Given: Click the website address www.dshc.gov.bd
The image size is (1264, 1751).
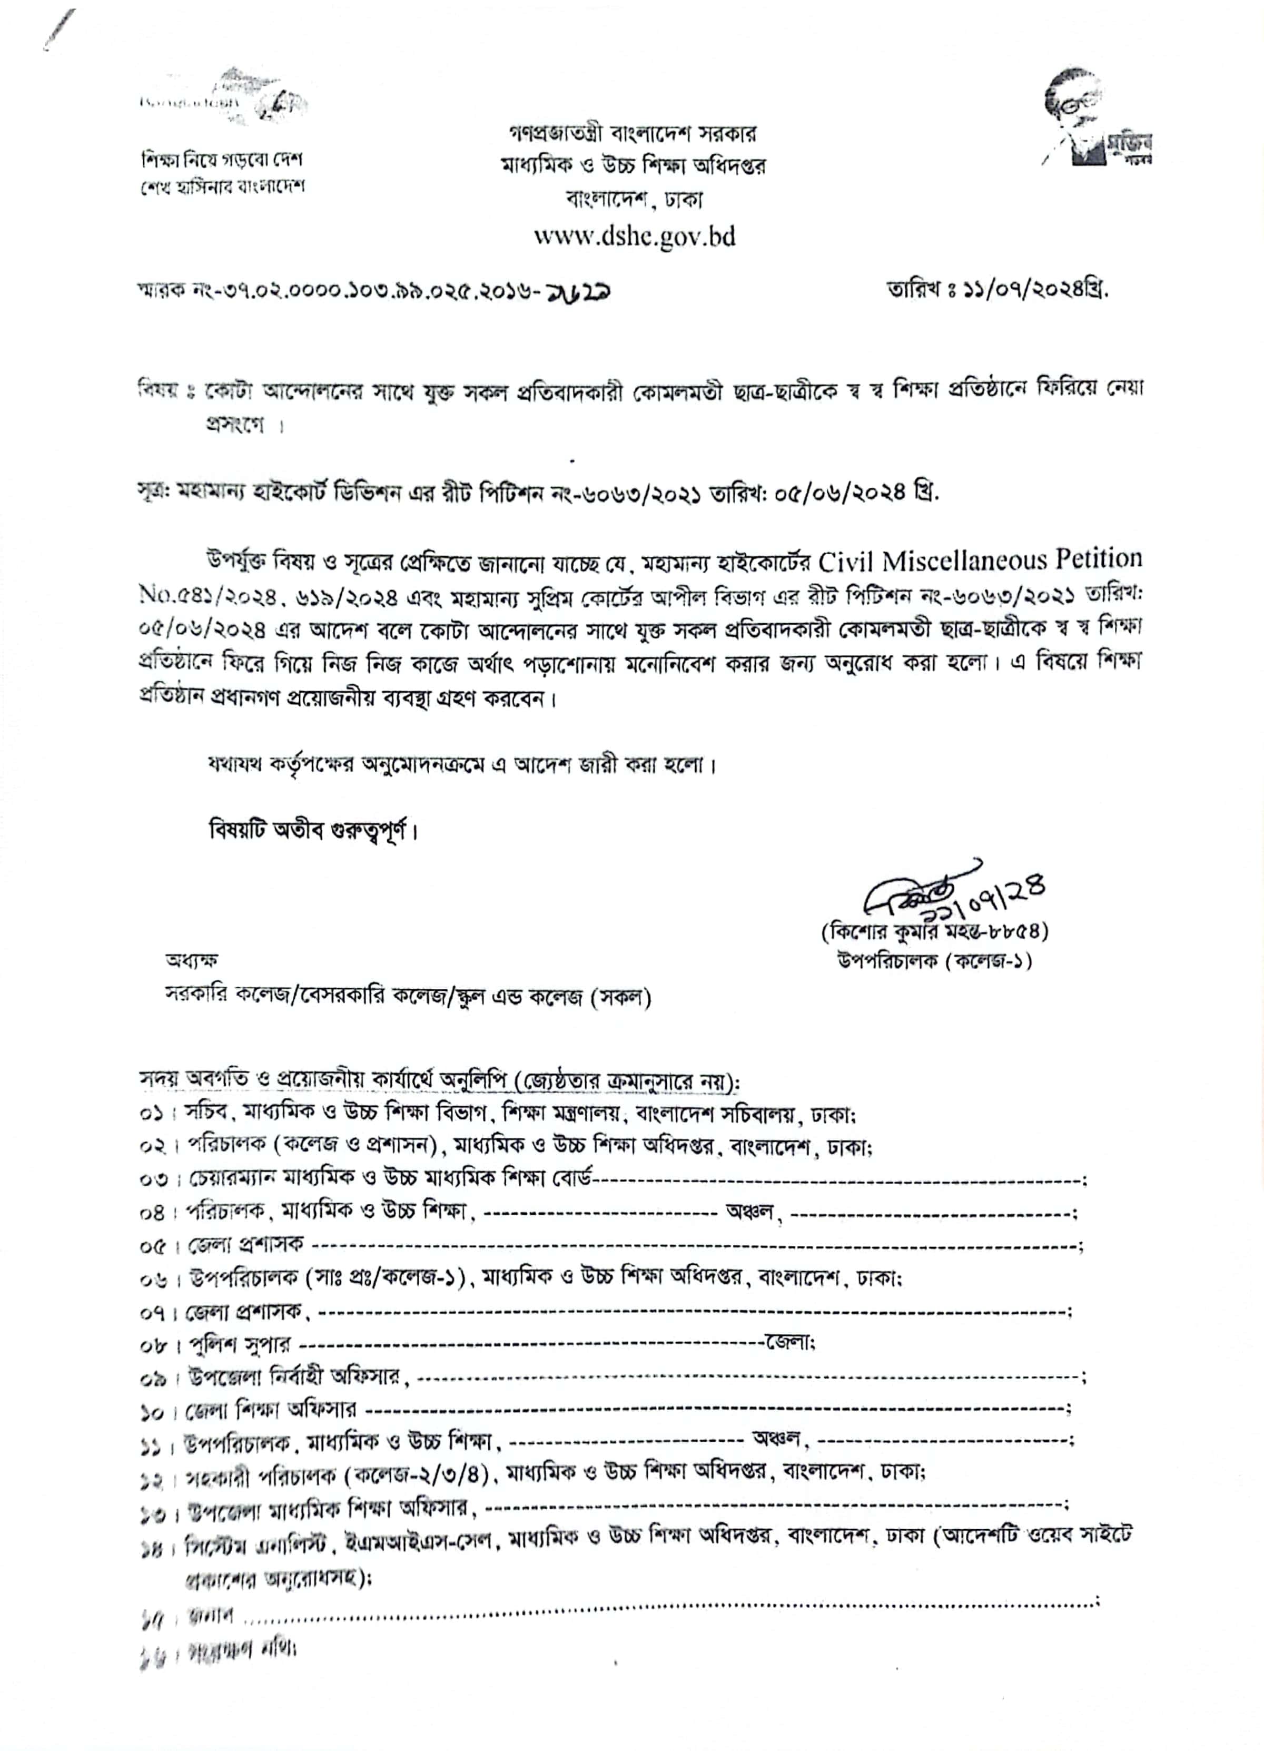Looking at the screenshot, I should pyautogui.click(x=634, y=236).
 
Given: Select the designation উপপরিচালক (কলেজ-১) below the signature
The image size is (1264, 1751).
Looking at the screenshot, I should pyautogui.click(x=934, y=960).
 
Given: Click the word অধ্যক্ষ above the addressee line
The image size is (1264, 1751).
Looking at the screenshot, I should pyautogui.click(x=191, y=960).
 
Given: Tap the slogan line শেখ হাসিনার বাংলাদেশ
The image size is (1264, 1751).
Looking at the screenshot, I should pyautogui.click(x=221, y=188).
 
